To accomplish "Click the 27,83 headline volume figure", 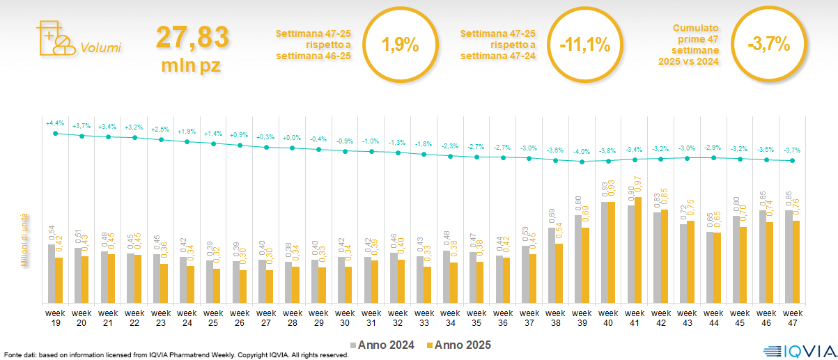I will (x=192, y=38).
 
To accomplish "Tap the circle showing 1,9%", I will (x=400, y=45).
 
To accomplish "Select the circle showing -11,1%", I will (x=584, y=45).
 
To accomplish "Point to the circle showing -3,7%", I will (x=768, y=45).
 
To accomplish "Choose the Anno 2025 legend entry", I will (x=459, y=345).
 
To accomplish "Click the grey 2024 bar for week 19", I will (x=52, y=273).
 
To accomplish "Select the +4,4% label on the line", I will (x=55, y=123).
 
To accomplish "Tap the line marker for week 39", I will (x=582, y=162).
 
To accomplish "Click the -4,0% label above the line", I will (x=582, y=152).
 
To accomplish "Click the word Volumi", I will (x=100, y=48).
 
